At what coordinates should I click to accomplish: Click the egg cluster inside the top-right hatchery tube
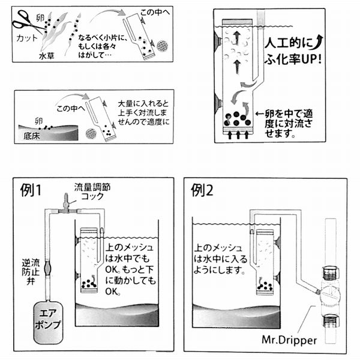(x=238, y=118)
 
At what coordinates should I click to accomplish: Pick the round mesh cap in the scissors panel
(x=162, y=46)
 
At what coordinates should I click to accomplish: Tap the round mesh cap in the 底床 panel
(x=91, y=133)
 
